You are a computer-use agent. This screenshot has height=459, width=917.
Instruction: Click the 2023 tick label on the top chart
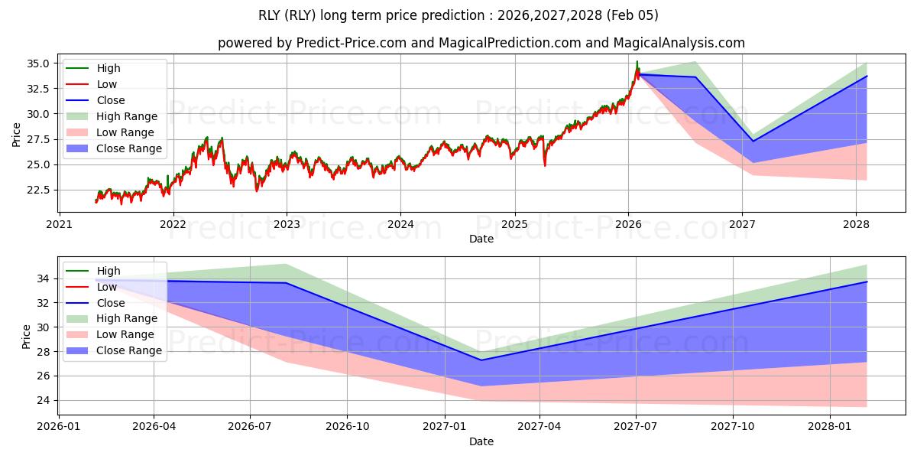287,224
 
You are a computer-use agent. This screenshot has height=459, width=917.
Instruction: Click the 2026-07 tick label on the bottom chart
250,427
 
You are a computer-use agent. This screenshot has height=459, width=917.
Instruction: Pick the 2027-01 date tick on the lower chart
444,427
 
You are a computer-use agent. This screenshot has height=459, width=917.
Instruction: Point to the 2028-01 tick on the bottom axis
830,427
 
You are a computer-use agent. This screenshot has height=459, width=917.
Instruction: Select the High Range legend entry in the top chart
126,116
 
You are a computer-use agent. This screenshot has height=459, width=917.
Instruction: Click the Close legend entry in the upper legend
111,100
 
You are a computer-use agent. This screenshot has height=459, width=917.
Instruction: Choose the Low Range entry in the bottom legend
125,334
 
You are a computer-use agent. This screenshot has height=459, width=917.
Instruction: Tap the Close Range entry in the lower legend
128,350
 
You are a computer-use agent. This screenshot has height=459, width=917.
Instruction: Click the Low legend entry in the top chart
107,84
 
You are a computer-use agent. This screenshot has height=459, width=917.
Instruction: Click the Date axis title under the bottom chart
481,441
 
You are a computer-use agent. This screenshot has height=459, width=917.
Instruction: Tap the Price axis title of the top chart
17,135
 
